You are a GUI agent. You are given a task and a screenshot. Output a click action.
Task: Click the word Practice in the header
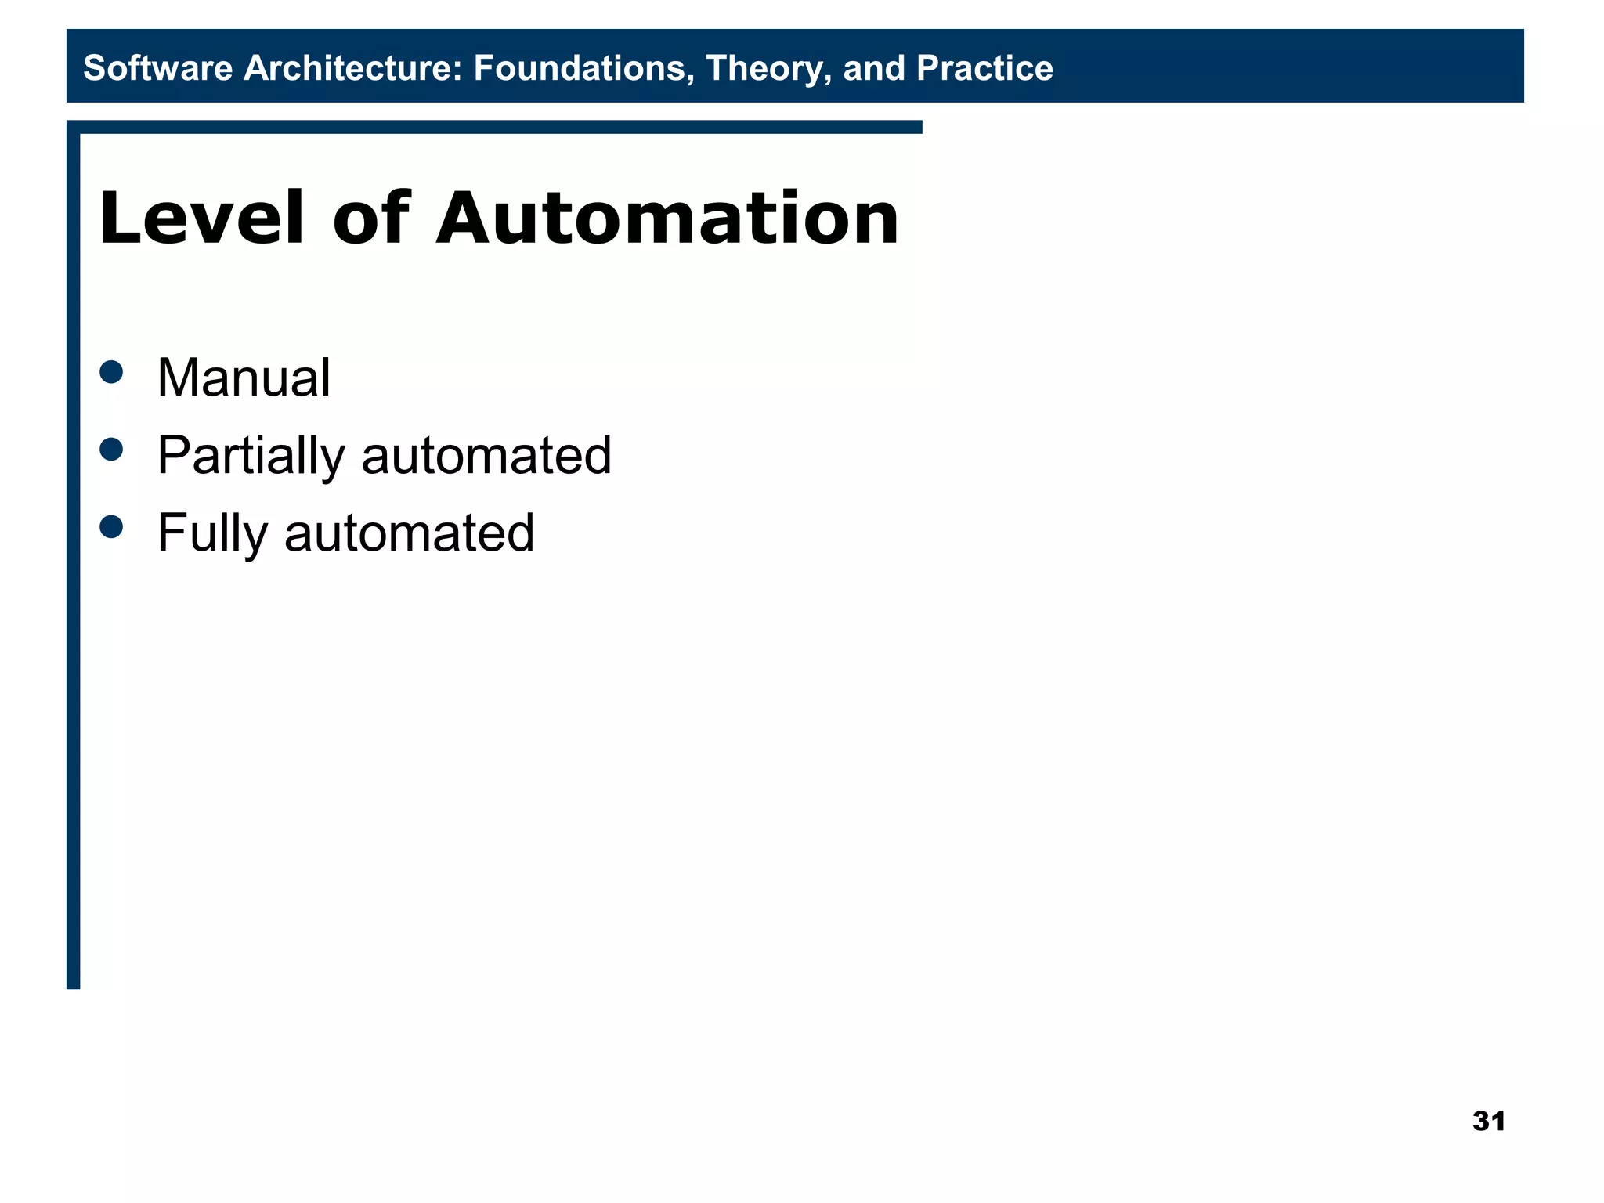click(984, 68)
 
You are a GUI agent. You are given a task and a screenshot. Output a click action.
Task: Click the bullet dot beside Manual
click(112, 371)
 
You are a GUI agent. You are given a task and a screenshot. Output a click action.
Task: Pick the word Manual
click(244, 378)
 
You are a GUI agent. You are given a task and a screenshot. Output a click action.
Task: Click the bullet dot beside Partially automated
click(112, 449)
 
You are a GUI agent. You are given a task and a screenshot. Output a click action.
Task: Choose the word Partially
click(251, 455)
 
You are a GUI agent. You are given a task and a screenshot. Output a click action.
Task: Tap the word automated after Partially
click(486, 455)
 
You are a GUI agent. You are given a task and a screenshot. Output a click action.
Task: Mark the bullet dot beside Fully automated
click(112, 526)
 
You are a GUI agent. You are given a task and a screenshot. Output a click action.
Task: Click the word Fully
click(212, 533)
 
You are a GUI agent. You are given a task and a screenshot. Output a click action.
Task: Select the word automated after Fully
click(409, 533)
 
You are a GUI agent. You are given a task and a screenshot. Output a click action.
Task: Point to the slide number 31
click(1488, 1121)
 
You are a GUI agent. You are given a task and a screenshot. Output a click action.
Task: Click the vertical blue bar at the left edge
click(73, 548)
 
